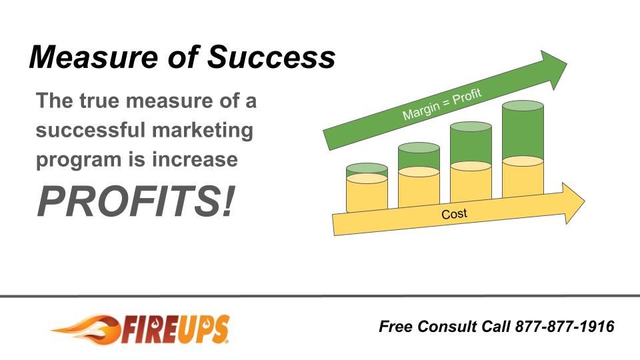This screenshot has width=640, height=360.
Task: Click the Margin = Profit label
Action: pyautogui.click(x=441, y=103)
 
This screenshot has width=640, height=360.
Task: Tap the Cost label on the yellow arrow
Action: pyautogui.click(x=455, y=214)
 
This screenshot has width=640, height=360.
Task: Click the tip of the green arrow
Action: pyautogui.click(x=565, y=64)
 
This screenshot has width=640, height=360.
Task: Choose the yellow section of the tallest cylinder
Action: pyautogui.click(x=523, y=180)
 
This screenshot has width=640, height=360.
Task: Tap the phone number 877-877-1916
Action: pyautogui.click(x=564, y=327)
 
